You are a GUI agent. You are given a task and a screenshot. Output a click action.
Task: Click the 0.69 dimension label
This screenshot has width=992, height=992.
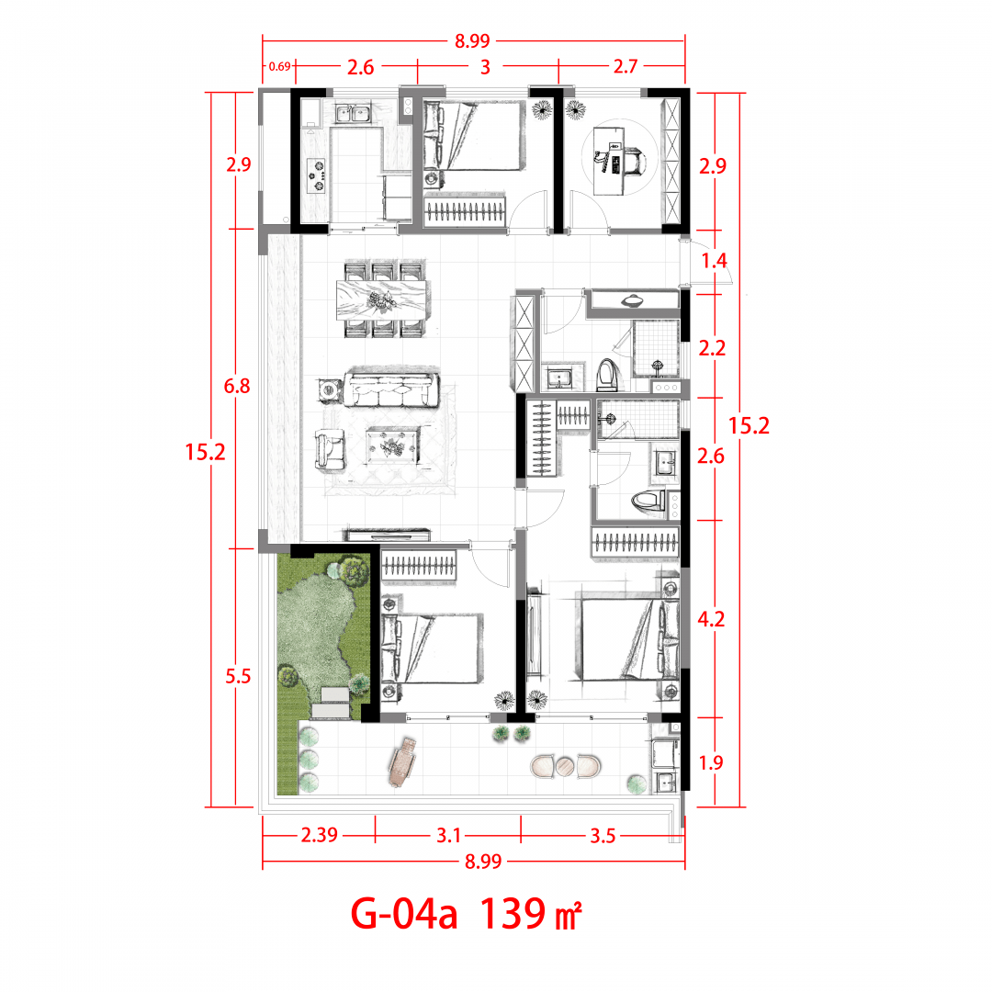click(279, 66)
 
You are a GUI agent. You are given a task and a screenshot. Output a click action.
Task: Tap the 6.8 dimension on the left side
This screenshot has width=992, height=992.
click(237, 386)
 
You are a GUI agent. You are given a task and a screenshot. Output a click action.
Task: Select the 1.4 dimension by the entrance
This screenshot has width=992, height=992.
click(715, 260)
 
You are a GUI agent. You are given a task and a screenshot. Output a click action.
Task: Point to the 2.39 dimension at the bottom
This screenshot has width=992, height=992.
click(320, 835)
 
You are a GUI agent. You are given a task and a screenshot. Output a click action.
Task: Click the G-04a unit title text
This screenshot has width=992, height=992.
click(403, 914)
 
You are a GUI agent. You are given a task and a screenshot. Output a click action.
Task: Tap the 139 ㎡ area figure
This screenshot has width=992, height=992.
click(530, 914)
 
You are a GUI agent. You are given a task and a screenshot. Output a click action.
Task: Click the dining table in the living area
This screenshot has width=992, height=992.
click(381, 299)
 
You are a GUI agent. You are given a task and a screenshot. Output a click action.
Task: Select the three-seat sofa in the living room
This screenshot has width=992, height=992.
click(391, 389)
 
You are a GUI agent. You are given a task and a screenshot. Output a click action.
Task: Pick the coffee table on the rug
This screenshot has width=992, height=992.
click(393, 446)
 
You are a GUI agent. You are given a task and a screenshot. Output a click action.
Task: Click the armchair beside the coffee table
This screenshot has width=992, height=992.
click(331, 450)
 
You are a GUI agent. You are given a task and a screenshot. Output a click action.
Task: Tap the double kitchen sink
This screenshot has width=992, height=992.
click(353, 115)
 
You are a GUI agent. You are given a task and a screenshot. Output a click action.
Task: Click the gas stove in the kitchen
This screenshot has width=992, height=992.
click(316, 175)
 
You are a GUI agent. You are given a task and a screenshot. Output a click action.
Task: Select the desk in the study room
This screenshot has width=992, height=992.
click(609, 161)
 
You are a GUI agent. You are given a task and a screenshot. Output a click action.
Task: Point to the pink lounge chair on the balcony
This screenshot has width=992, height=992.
click(403, 761)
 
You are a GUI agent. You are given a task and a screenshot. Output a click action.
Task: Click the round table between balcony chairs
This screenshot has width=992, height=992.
click(565, 766)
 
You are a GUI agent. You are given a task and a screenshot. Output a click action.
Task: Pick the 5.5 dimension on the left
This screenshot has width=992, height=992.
click(238, 676)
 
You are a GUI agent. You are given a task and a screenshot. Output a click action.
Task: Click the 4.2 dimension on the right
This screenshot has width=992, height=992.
click(711, 619)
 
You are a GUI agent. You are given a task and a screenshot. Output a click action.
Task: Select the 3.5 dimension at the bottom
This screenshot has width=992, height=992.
click(603, 837)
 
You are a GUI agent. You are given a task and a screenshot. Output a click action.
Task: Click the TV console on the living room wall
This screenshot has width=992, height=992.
click(388, 535)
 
